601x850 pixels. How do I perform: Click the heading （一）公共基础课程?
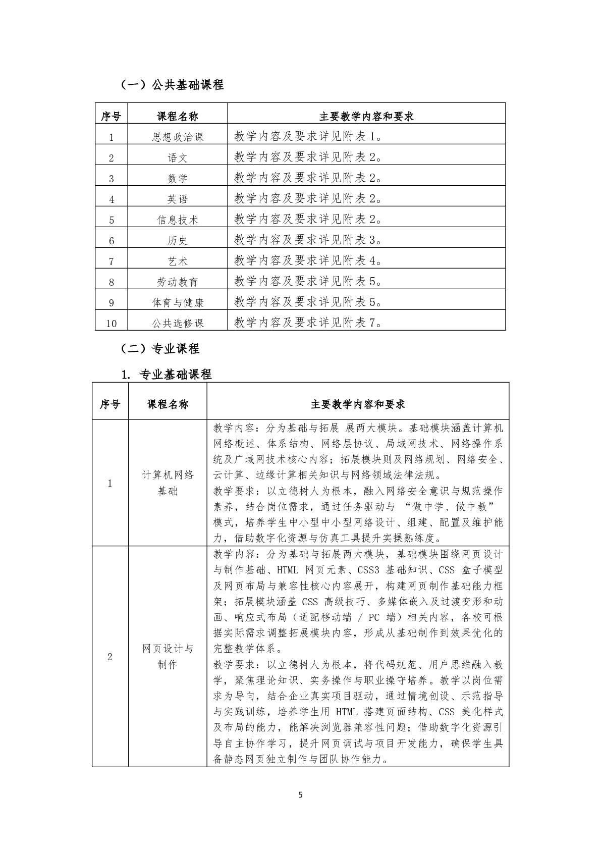[172, 85]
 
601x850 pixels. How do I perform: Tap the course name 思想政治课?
[178, 137]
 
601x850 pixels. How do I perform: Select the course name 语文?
[178, 157]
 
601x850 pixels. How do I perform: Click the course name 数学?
[178, 178]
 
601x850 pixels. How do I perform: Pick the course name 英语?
[178, 199]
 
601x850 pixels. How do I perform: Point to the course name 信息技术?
[178, 220]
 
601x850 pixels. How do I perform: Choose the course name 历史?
[178, 240]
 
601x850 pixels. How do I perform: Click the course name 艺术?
[178, 261]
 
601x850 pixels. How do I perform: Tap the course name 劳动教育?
[178, 282]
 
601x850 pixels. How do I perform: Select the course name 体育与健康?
[178, 302]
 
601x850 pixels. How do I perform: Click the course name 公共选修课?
[178, 323]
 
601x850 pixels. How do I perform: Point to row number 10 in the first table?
[112, 323]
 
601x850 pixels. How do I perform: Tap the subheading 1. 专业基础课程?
[167, 375]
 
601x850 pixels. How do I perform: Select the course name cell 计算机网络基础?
[168, 483]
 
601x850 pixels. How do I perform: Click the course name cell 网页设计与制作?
[168, 656]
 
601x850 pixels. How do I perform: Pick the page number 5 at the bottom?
[301, 795]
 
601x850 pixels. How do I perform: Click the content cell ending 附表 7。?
[308, 322]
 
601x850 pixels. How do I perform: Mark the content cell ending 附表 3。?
[308, 239]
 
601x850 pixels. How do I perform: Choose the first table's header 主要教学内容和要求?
[366, 116]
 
